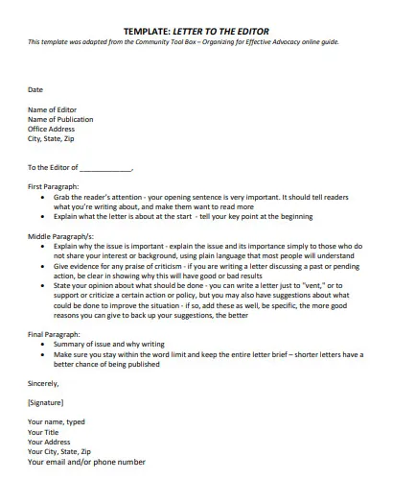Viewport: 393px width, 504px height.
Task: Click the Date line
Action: click(35, 89)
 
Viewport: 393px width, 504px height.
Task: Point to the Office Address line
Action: click(53, 129)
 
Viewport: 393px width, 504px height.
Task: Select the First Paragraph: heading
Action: click(54, 186)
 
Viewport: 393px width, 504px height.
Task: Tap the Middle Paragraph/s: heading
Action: click(59, 235)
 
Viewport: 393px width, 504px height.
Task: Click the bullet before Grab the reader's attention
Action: click(44, 196)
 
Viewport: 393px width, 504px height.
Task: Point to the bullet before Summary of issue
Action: click(44, 343)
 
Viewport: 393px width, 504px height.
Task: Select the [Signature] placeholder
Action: click(47, 402)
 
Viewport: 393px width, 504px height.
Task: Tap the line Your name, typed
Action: click(57, 421)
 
